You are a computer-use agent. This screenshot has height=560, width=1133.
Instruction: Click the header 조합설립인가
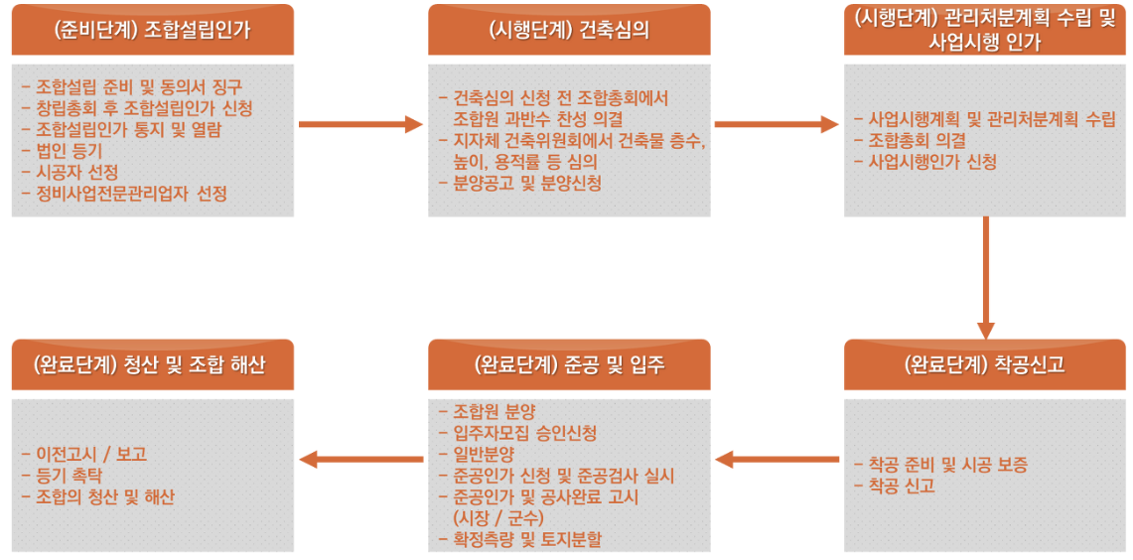(x=153, y=30)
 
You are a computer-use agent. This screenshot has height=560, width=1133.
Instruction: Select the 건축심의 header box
(x=569, y=30)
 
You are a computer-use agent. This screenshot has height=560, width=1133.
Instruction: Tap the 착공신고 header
(x=984, y=364)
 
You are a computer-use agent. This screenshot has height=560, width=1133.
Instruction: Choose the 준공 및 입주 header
(x=569, y=364)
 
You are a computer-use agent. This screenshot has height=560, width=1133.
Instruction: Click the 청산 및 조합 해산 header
(x=153, y=364)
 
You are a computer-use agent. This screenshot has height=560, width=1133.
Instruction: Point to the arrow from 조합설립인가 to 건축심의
(x=360, y=124)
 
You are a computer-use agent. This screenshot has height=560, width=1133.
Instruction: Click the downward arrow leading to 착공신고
(x=985, y=278)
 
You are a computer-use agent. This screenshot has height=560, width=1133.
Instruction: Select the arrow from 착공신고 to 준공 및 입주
(x=778, y=459)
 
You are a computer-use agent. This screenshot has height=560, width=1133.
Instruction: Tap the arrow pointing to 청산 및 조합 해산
(x=360, y=459)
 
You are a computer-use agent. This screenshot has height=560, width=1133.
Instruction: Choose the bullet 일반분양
(x=483, y=454)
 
